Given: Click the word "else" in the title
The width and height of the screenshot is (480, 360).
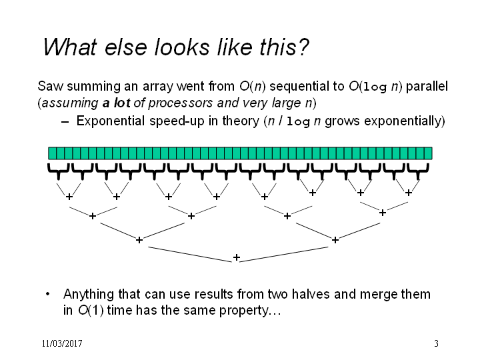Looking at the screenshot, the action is click(x=125, y=47).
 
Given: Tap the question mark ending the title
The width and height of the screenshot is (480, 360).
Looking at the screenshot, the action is click(x=303, y=47).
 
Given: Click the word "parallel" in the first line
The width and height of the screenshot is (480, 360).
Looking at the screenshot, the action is click(x=427, y=86).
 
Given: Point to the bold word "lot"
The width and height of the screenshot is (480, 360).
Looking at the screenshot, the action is click(x=122, y=103).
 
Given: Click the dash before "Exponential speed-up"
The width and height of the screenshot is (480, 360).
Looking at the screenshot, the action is click(x=65, y=122).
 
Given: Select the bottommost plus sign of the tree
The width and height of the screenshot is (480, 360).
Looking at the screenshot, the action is click(x=236, y=257).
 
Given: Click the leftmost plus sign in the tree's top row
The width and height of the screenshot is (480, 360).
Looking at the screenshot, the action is click(x=69, y=197).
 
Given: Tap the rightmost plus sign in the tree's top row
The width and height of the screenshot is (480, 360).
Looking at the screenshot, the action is click(x=409, y=193).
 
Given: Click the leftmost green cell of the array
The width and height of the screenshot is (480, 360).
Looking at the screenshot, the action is click(x=53, y=153).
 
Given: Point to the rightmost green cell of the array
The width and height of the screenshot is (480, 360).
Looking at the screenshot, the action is click(x=428, y=153).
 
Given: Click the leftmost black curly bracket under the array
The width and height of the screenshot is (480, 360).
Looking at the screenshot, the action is click(x=58, y=171).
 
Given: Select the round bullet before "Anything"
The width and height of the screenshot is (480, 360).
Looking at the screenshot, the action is click(x=47, y=294).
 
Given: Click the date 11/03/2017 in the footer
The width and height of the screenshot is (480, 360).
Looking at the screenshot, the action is click(x=62, y=343).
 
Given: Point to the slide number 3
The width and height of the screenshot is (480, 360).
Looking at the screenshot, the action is click(x=436, y=343).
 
